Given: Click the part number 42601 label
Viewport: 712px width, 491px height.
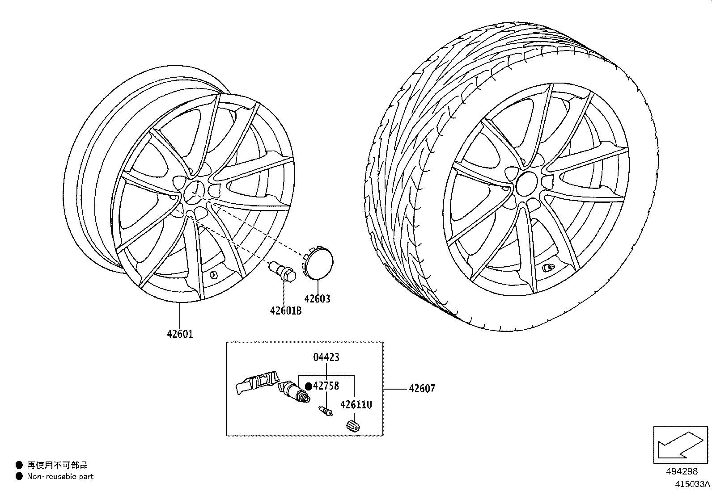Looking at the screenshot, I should pyautogui.click(x=180, y=334).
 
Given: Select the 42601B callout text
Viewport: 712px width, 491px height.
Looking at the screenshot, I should pyautogui.click(x=286, y=311).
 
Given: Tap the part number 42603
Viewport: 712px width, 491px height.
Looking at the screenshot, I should pyautogui.click(x=317, y=299).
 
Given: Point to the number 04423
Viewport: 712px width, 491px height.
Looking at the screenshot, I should pyautogui.click(x=326, y=357).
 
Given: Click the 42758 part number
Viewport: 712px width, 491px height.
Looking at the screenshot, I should pyautogui.click(x=326, y=386).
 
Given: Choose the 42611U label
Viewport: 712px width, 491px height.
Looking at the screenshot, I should pyautogui.click(x=356, y=405).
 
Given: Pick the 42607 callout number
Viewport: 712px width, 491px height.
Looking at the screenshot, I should pyautogui.click(x=421, y=389).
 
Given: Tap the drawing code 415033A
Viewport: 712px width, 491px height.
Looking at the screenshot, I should pyautogui.click(x=692, y=484).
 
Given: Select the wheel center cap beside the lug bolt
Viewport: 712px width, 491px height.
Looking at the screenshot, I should pyautogui.click(x=319, y=261).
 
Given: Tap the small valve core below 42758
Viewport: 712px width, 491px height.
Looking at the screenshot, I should pyautogui.click(x=325, y=411).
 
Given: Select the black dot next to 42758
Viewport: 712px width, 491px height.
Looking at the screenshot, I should pyautogui.click(x=308, y=386).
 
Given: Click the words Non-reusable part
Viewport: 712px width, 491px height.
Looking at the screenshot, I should pyautogui.click(x=60, y=477).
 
